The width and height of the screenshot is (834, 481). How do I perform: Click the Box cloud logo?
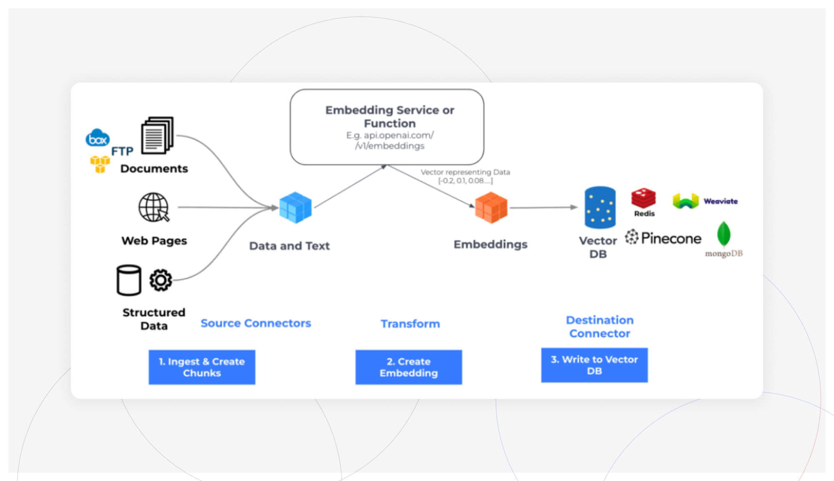[x=98, y=138]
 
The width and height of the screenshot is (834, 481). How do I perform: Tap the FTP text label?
[x=122, y=151]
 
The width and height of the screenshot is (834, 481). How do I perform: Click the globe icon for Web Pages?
[x=153, y=207]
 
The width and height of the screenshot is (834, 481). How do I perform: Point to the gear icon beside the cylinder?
[x=161, y=280]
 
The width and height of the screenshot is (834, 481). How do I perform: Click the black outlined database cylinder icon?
[x=128, y=281]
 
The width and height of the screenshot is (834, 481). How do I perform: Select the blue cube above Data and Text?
[x=295, y=208]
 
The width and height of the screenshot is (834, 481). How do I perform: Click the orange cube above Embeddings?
[x=491, y=208]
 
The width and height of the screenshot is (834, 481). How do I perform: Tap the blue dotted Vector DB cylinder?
[x=600, y=208]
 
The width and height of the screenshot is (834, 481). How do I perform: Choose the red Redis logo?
[x=643, y=198]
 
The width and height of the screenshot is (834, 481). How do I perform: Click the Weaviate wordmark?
[x=721, y=201]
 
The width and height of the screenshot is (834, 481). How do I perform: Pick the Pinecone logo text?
[x=671, y=238]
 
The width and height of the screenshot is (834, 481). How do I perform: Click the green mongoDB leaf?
[x=723, y=234]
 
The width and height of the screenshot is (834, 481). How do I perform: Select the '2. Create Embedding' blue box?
[x=408, y=367]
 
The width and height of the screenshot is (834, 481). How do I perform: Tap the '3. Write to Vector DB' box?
[x=594, y=365]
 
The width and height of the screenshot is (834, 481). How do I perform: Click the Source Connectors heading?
[x=256, y=323]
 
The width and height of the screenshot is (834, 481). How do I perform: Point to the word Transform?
[x=410, y=324]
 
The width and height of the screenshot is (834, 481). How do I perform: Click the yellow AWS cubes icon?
[x=100, y=164]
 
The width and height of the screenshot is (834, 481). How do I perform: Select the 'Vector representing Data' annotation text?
[x=465, y=172]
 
